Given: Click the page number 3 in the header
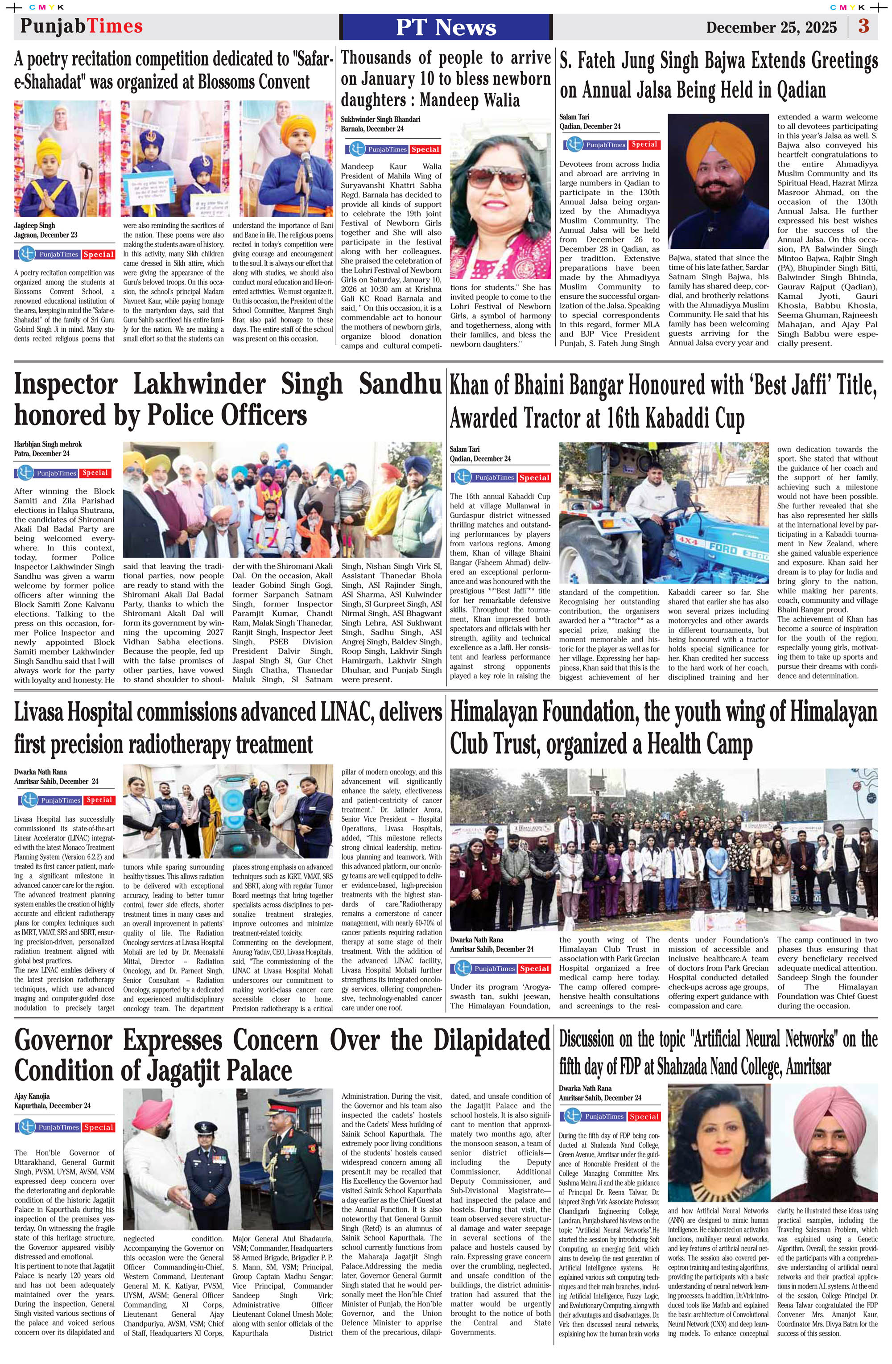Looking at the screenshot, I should point(863,26).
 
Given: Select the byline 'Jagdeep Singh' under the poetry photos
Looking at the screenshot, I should point(34,226).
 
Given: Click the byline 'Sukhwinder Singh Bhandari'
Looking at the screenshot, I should point(380,119).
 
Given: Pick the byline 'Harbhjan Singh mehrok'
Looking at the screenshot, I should point(48,444).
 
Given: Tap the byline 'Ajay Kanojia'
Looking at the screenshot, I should point(32,1096).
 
